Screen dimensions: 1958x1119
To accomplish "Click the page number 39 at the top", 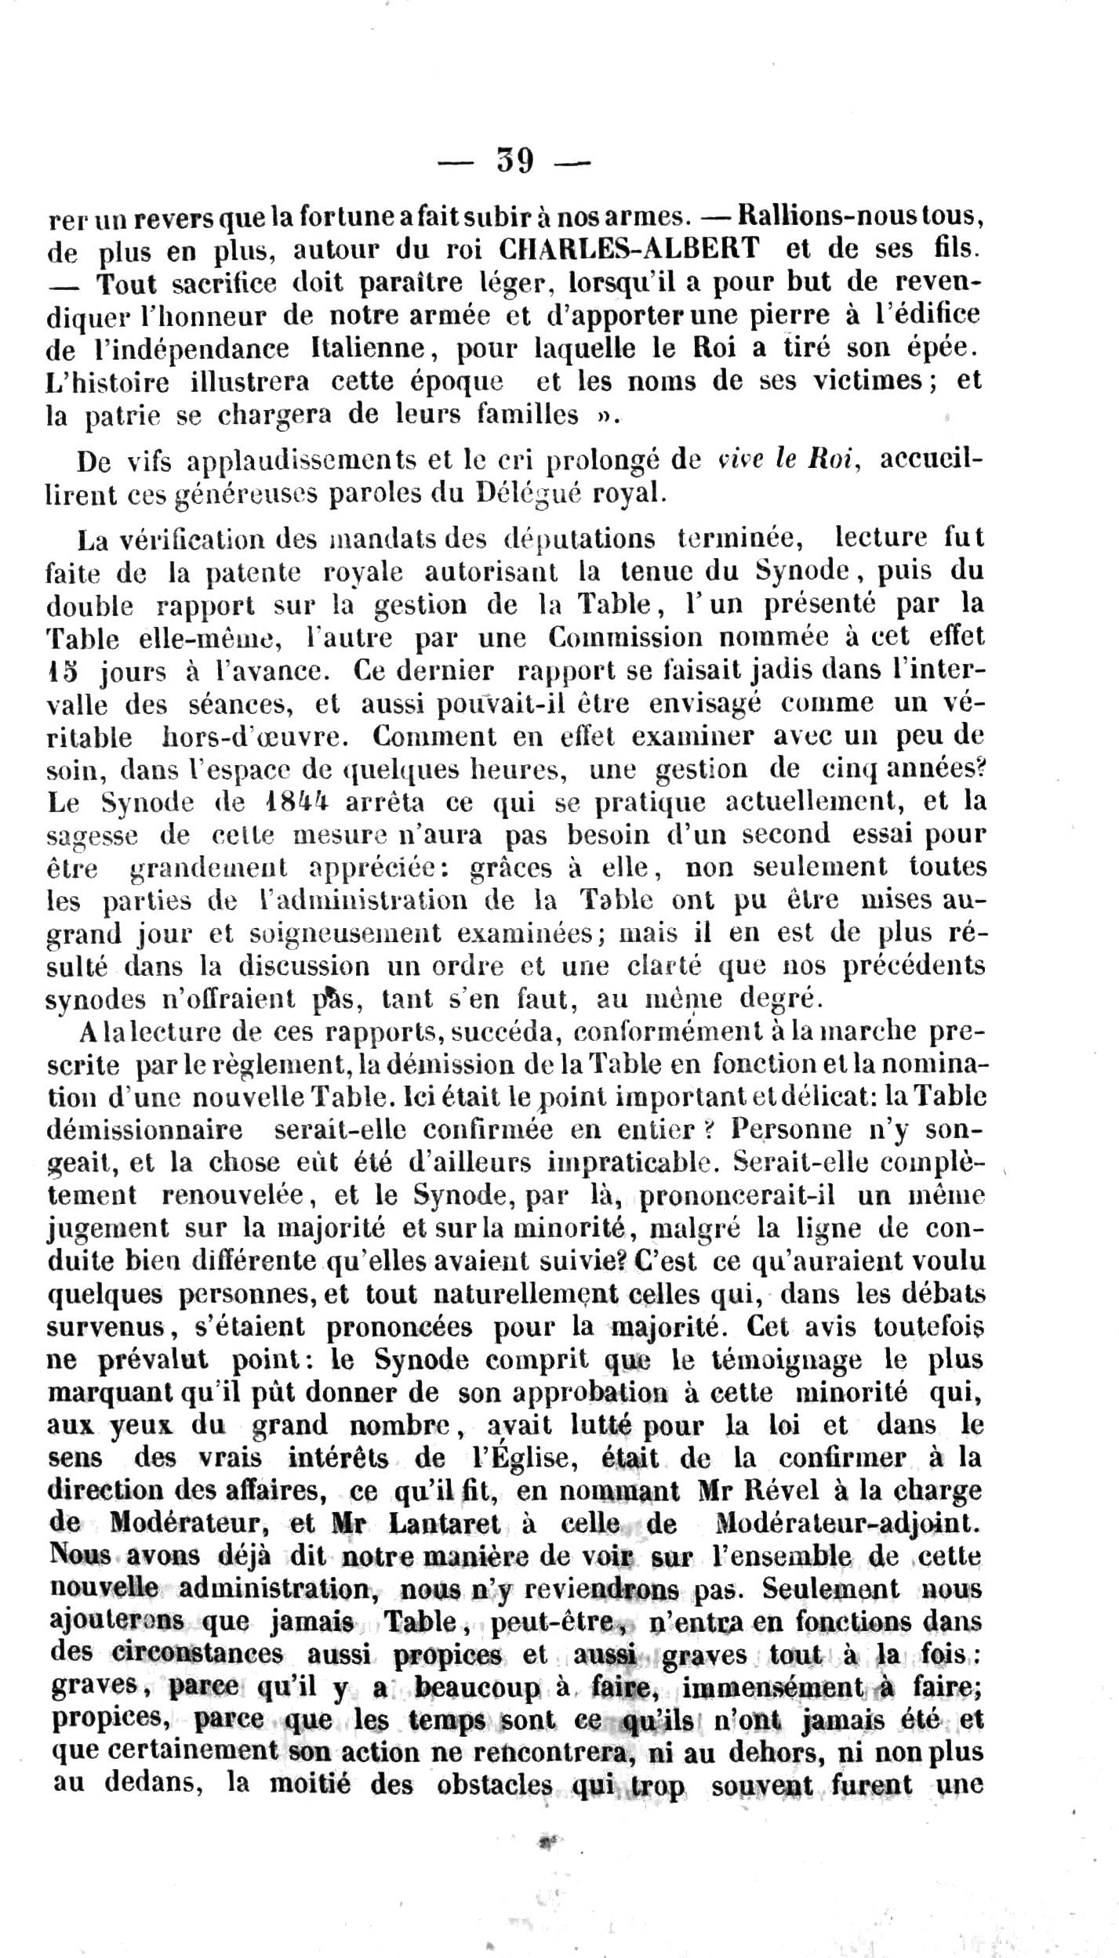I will pyautogui.click(x=515, y=161).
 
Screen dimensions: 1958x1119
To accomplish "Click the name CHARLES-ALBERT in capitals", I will pyautogui.click(x=629, y=249).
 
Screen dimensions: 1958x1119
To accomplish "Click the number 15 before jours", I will pyautogui.click(x=61, y=671).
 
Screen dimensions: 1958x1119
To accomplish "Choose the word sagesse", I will pyautogui.click(x=93, y=836).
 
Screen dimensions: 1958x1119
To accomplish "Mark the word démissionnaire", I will pyautogui.click(x=145, y=1129).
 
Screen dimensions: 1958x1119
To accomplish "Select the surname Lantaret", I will pyautogui.click(x=444, y=1523).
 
